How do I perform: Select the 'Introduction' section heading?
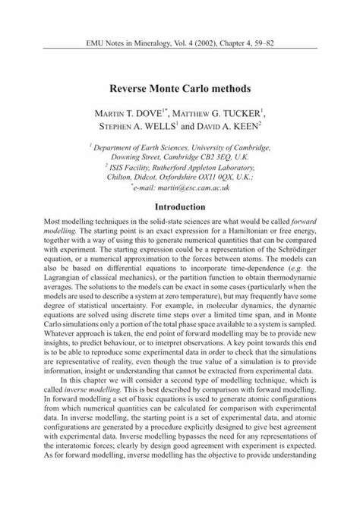[x=180, y=206]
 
